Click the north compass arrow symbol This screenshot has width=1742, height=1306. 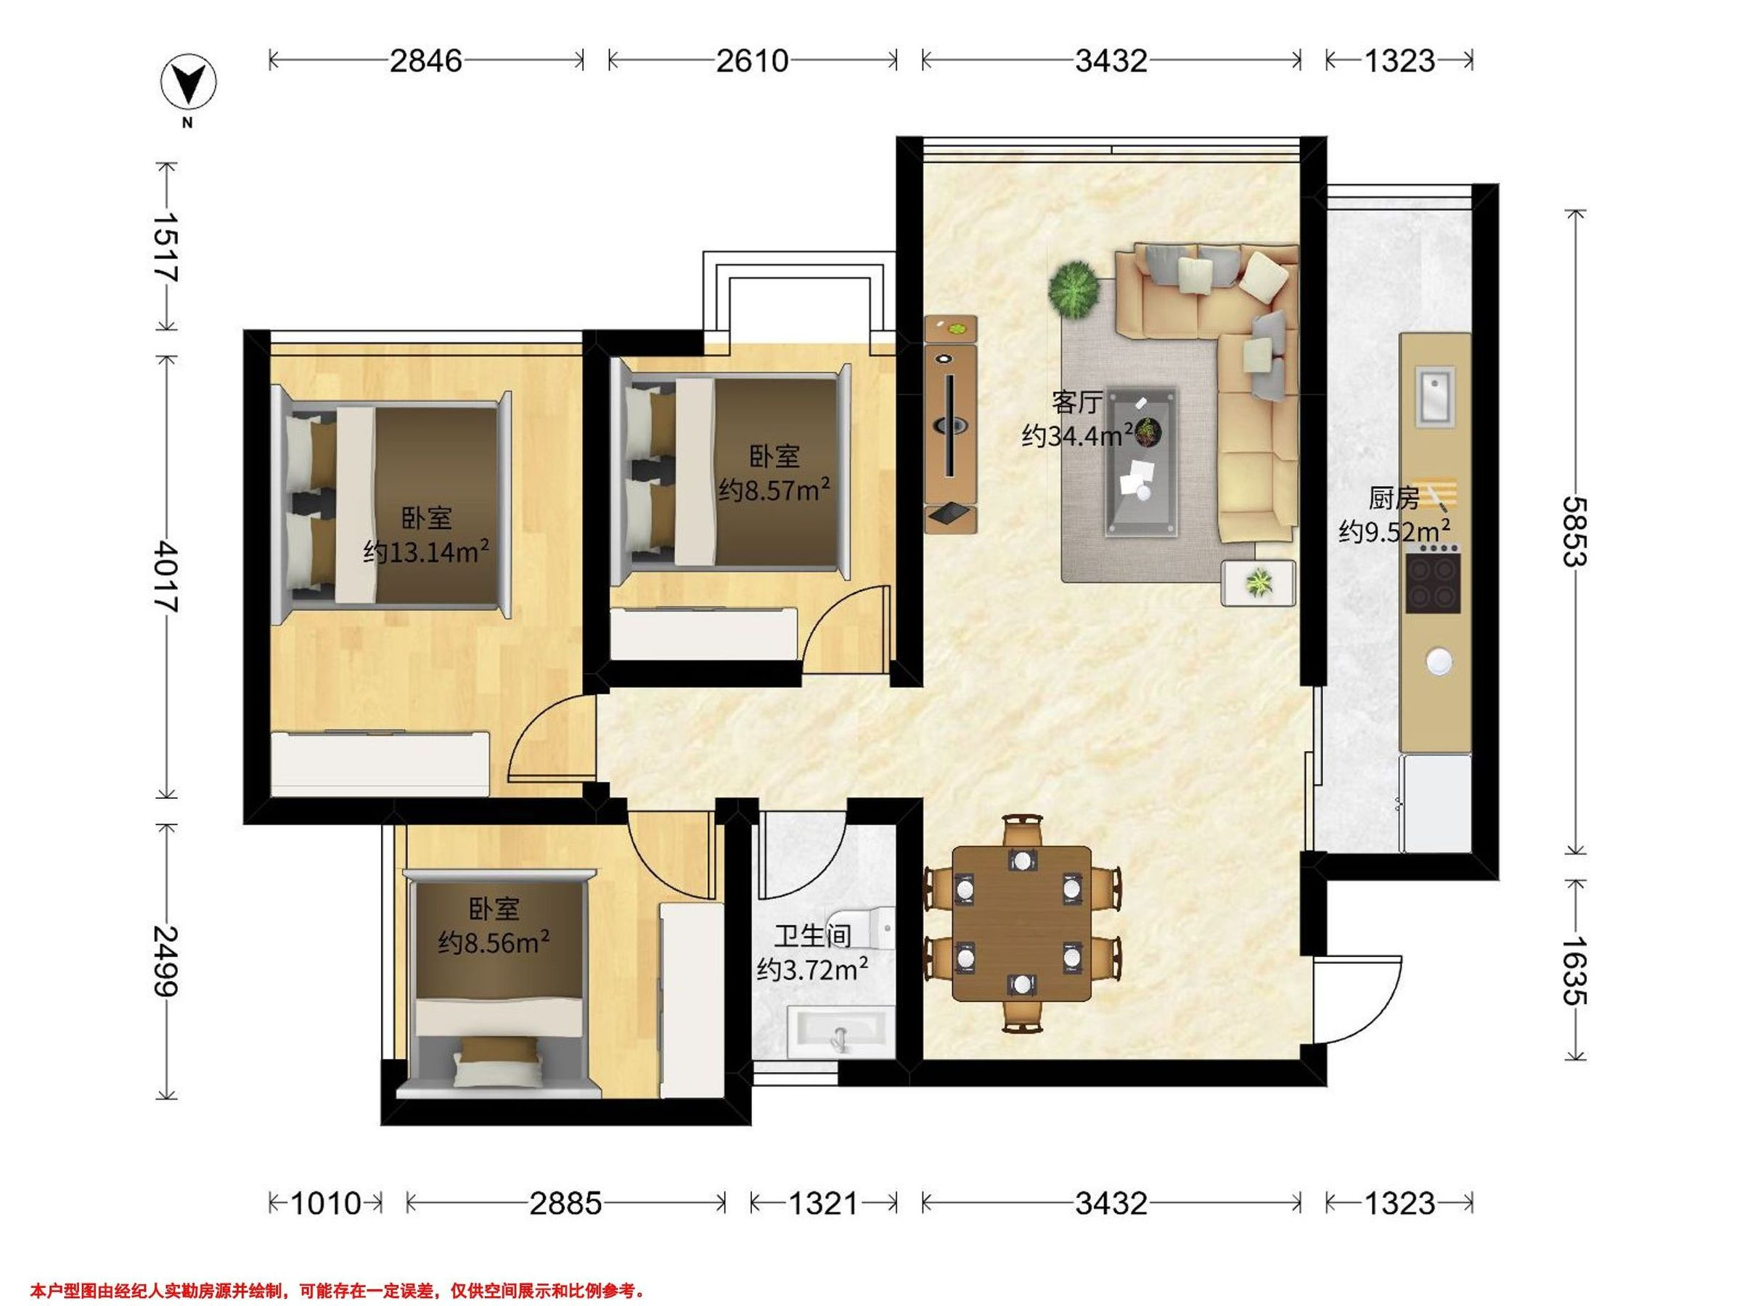(x=189, y=83)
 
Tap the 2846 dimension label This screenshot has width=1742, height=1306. (x=426, y=61)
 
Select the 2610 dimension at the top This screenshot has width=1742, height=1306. (x=752, y=61)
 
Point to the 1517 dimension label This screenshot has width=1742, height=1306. (x=166, y=247)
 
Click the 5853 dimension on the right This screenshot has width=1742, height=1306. (x=1574, y=531)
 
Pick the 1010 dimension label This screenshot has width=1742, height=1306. (x=326, y=1203)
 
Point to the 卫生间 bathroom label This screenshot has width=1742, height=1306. (x=813, y=936)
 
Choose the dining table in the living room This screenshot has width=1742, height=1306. (x=1021, y=924)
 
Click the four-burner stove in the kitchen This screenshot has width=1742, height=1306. (x=1434, y=583)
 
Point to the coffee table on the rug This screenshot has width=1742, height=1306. (x=1142, y=462)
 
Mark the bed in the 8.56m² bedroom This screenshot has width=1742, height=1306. (x=499, y=984)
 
